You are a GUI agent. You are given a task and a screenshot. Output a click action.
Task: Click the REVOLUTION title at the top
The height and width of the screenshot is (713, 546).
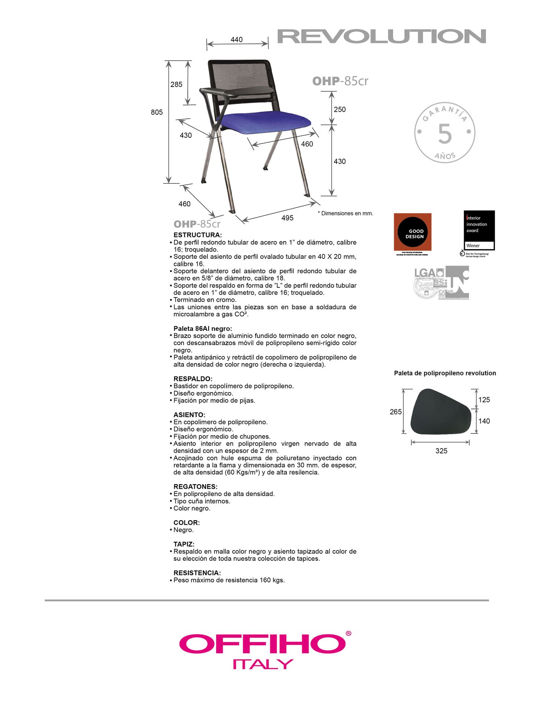click(x=382, y=36)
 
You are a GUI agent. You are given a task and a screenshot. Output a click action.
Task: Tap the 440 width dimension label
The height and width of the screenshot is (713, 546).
click(x=237, y=39)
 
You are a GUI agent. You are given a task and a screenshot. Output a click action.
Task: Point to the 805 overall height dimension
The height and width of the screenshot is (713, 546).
click(x=157, y=112)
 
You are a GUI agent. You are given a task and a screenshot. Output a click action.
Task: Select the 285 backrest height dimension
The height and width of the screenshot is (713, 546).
click(x=177, y=84)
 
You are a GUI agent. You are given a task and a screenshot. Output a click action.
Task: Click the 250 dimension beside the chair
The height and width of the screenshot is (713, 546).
click(x=339, y=110)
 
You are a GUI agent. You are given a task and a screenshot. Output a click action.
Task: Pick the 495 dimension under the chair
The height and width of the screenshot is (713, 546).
click(x=287, y=218)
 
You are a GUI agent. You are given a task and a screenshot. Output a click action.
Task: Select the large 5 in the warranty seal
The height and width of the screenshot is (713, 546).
click(x=445, y=134)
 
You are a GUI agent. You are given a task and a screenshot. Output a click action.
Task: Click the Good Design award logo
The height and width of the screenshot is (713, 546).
click(x=412, y=232)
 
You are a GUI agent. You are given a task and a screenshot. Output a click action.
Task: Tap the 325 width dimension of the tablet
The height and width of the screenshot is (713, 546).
click(x=441, y=451)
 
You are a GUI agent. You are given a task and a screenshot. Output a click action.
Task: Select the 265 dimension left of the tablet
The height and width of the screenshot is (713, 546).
click(x=395, y=412)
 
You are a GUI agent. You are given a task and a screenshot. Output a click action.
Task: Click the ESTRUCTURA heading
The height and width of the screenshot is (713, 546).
click(x=197, y=235)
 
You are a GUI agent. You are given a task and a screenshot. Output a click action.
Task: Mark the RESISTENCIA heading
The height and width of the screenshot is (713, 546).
click(x=197, y=573)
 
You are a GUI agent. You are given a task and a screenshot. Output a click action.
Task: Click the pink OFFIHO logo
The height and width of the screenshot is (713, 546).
click(x=263, y=644)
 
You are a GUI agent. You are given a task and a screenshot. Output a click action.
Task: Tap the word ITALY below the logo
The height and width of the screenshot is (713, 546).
click(x=263, y=664)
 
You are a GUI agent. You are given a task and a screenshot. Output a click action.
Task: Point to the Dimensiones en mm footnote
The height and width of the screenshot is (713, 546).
click(x=345, y=214)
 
